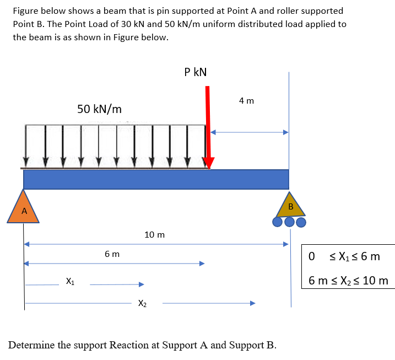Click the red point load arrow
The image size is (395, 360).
[208, 127]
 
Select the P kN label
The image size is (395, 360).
[196, 72]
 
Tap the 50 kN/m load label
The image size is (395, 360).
[99, 109]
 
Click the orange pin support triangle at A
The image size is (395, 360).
[23, 208]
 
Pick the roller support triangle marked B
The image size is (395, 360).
[290, 205]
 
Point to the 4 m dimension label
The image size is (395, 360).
[246, 101]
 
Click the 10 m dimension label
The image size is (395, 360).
[154, 235]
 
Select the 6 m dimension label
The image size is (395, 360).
[112, 254]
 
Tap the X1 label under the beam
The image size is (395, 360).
[71, 282]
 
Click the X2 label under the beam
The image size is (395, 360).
[142, 303]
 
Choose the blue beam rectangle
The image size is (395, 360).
[156, 179]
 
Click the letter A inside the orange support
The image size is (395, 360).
[23, 212]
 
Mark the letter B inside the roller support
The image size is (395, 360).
[290, 207]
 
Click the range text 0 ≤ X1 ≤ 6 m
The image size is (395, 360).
[344, 257]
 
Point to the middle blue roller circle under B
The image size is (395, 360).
[290, 222]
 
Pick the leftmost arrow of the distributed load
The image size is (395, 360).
[26, 145]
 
